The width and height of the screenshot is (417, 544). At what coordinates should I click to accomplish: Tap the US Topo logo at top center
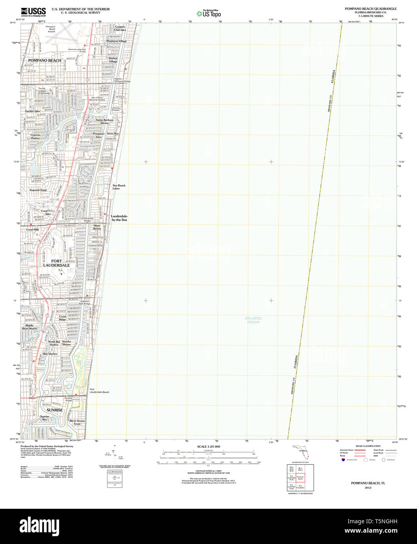click(209, 14)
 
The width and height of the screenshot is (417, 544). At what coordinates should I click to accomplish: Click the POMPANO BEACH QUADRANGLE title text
click(370, 9)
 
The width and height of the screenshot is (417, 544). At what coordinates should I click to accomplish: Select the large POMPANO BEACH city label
click(45, 61)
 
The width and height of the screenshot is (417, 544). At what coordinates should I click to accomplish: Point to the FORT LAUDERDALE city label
click(56, 263)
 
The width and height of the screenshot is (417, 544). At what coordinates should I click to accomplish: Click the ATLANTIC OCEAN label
click(253, 320)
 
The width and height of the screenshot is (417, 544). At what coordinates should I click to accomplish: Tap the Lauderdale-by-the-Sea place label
click(119, 218)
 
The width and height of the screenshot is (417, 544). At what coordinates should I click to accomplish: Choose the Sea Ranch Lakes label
click(119, 187)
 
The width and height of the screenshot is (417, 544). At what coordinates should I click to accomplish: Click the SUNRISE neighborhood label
click(54, 410)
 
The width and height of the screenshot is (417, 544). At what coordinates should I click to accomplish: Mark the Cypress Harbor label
click(35, 137)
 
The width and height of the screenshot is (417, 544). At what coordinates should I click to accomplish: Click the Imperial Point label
click(38, 190)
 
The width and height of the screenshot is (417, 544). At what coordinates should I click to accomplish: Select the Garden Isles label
click(32, 111)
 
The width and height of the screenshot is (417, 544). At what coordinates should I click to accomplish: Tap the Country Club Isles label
click(120, 28)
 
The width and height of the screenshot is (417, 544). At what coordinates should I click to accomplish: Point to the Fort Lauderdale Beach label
click(99, 391)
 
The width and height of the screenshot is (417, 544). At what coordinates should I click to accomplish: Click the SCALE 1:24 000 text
click(208, 447)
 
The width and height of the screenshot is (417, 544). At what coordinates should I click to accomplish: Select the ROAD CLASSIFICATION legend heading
click(368, 446)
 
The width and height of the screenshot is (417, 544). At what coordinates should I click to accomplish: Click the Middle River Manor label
click(31, 327)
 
